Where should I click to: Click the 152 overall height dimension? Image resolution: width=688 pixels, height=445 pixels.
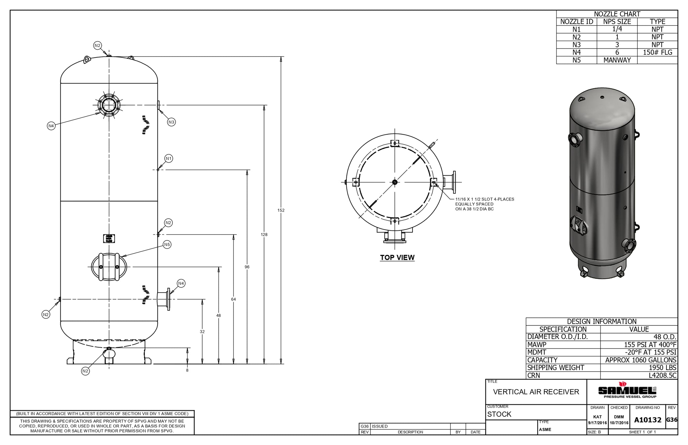281,210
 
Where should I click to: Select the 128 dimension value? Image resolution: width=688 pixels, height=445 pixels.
264,234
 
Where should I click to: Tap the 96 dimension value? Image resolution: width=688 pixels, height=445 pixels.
247,267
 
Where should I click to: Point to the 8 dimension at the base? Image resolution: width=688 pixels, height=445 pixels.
187,370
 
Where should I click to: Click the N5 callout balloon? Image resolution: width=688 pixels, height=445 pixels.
167,244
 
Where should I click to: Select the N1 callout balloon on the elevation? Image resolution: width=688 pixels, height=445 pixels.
169,159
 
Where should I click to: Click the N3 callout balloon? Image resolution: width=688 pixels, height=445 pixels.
171,122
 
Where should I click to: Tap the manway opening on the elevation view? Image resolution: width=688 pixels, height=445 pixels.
109,267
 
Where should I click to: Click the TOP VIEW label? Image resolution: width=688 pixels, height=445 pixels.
397,258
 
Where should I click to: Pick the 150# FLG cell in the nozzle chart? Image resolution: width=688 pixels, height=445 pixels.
657,52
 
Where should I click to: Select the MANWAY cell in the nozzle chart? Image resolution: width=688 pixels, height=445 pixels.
617,60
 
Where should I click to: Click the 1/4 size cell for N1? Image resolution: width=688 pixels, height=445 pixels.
617,29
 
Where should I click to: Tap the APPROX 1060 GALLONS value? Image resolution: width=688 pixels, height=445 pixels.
641,360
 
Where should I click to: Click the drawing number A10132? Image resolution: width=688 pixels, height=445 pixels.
648,420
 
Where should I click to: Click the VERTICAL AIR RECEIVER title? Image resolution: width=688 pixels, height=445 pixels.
536,392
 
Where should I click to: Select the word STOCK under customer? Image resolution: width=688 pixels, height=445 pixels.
499,414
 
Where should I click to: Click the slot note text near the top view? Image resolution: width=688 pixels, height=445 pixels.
484,204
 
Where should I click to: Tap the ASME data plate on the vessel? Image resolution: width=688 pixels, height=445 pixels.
109,238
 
